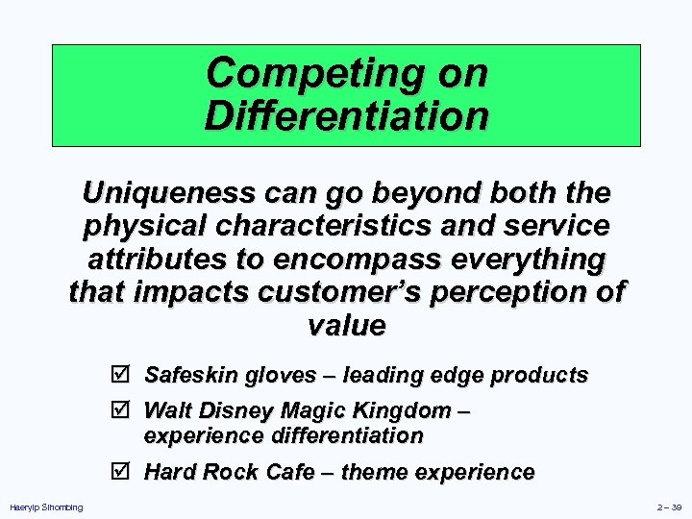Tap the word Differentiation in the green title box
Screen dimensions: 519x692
coord(346,116)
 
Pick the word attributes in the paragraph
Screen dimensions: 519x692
coord(157,259)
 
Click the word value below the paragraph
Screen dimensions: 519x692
coord(346,325)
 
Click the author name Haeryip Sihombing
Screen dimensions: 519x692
coord(46,507)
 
